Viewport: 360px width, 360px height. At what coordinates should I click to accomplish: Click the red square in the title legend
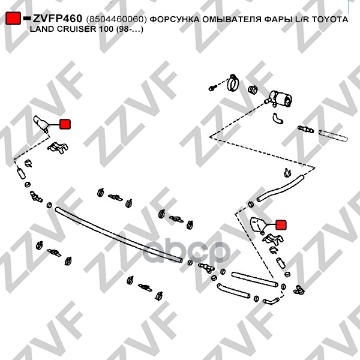(13, 20)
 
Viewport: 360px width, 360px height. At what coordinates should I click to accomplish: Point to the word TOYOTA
(326, 20)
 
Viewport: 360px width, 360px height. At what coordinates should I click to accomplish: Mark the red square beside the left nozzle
(65, 124)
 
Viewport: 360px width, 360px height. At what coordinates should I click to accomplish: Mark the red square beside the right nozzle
(282, 225)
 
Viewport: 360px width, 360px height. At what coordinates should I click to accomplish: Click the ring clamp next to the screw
(233, 82)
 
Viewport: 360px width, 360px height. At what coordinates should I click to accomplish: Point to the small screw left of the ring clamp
(213, 88)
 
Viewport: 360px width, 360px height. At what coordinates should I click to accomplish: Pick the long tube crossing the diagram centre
(117, 234)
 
